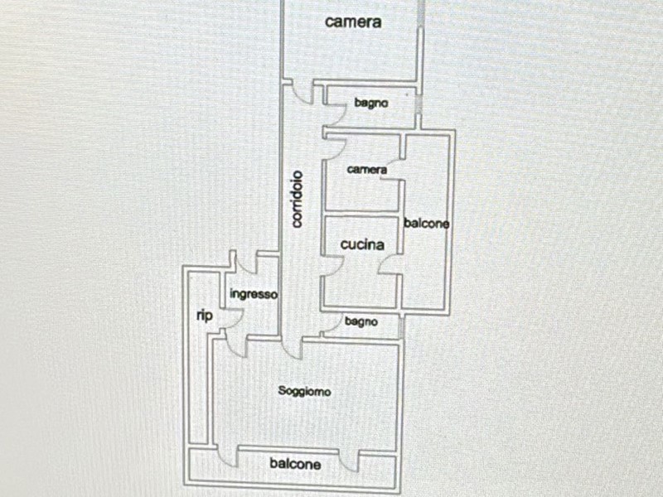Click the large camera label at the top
click(353, 22)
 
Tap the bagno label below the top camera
click(371, 104)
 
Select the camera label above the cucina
click(367, 170)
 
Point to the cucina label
click(362, 245)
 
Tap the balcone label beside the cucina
click(427, 224)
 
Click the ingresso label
click(254, 294)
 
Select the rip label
click(204, 316)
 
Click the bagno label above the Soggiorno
click(361, 321)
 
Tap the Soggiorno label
click(304, 392)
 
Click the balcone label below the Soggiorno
click(295, 465)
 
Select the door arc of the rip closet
click(233, 317)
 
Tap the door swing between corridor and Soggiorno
click(292, 348)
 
